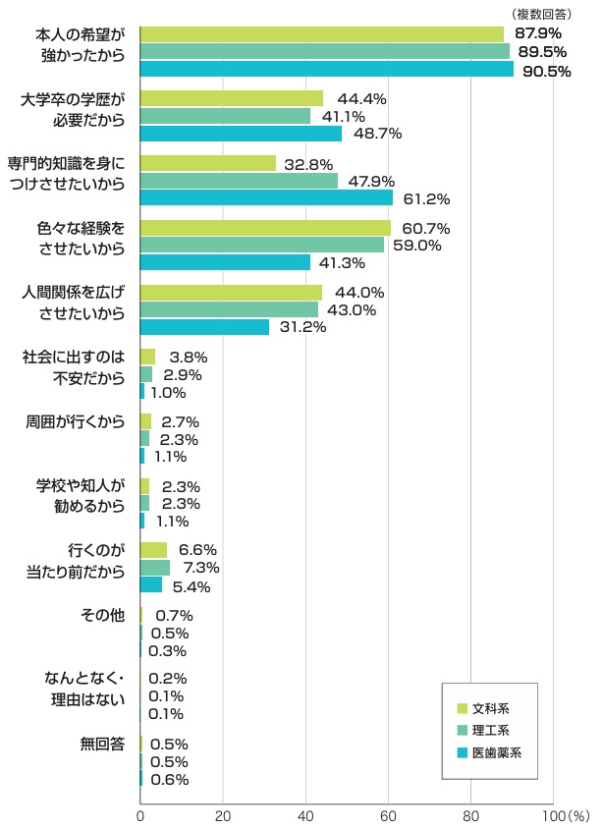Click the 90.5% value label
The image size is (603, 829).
[x=547, y=71]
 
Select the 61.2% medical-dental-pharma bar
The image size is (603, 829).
[x=266, y=198]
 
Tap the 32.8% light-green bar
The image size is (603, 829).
[x=208, y=164]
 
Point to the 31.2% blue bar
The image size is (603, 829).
[x=204, y=327]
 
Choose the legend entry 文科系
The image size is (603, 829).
[x=490, y=707]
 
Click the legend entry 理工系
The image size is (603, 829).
[x=490, y=730]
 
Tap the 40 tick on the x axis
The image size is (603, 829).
[x=305, y=815]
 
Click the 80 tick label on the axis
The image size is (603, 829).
[x=471, y=815]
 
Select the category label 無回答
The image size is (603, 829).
[x=103, y=744]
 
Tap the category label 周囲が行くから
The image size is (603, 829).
[x=75, y=421]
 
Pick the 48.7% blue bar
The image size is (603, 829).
[x=241, y=134]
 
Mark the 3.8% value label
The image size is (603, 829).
[x=189, y=358]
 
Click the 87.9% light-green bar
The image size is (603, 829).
[x=321, y=34]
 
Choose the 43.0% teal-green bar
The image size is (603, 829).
[x=229, y=309]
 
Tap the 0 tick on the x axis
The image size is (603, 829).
[x=140, y=815]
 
